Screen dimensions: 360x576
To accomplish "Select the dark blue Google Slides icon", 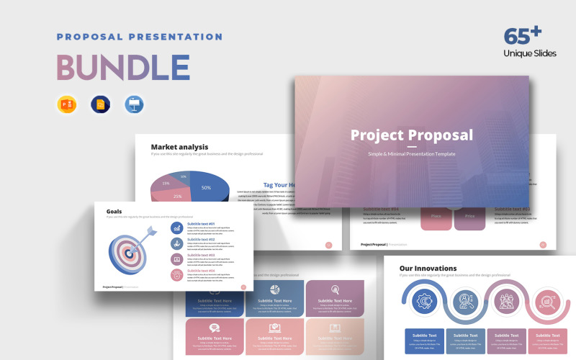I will click(100, 104).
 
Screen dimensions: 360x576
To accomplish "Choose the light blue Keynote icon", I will click(134, 104).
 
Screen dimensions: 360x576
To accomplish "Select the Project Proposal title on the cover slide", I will click(411, 135).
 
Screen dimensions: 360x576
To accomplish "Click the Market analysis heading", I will click(179, 147).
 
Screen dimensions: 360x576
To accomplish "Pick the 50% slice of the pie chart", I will click(206, 187).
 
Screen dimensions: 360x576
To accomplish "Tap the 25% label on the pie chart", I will click(177, 196).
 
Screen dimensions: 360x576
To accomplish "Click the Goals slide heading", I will click(114, 212).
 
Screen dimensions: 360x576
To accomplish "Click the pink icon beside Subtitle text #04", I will click(176, 274).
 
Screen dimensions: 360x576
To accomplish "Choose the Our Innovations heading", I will click(428, 269).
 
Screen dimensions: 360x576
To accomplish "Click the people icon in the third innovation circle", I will click(503, 302).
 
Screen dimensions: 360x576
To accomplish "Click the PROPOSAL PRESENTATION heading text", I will click(140, 37).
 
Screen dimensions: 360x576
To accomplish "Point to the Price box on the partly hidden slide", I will click(469, 216).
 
